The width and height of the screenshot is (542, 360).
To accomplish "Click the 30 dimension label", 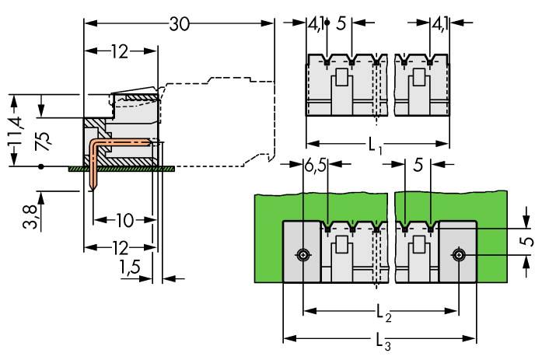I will pyautogui.click(x=180, y=24).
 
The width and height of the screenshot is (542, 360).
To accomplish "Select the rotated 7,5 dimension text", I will pyautogui.click(x=44, y=142).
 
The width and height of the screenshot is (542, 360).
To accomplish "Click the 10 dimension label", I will pyautogui.click(x=124, y=220).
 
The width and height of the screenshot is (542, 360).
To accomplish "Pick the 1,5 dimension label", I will pyautogui.click(x=131, y=269).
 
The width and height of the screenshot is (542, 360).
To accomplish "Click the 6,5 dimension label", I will pyautogui.click(x=315, y=164).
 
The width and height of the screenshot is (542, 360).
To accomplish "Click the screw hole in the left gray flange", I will pyautogui.click(x=302, y=254).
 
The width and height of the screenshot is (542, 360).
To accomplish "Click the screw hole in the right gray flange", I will pyautogui.click(x=461, y=254).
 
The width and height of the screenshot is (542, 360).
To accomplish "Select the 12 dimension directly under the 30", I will pyautogui.click(x=119, y=52).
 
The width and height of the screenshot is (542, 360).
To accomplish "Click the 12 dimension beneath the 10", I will pyautogui.click(x=119, y=248).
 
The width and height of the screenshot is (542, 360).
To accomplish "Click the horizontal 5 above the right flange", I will pyautogui.click(x=418, y=164).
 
